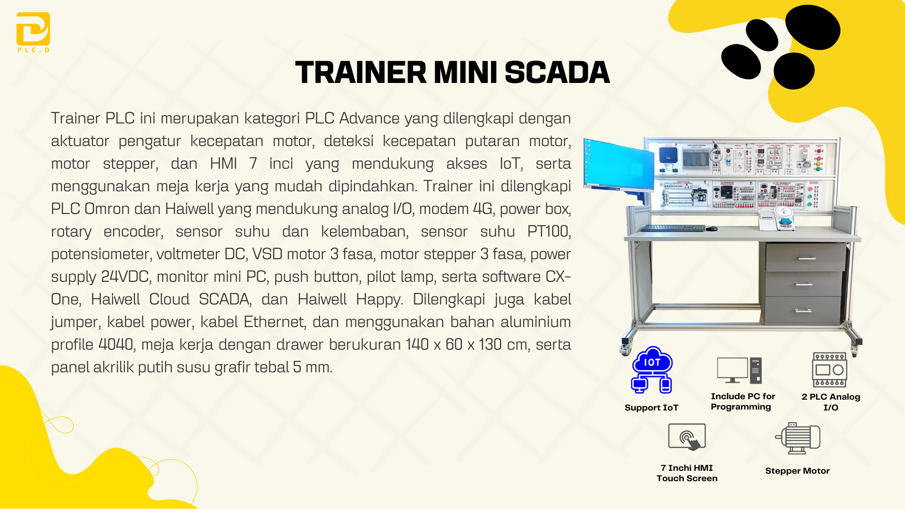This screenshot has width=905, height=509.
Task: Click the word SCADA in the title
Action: [x=557, y=73]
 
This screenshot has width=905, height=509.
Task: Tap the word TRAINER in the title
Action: [x=361, y=73]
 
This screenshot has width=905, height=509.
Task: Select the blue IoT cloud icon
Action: [x=652, y=370]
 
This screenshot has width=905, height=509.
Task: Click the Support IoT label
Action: [x=651, y=408]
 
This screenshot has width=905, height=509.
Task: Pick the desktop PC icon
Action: [x=739, y=370]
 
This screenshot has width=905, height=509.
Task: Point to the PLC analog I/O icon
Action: [x=830, y=370]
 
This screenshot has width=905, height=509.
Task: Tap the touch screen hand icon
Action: [x=687, y=437]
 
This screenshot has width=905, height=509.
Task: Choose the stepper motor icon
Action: [x=798, y=438]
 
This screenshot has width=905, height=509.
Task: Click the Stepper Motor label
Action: [x=797, y=471]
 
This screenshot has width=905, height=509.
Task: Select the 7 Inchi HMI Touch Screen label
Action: [x=687, y=473]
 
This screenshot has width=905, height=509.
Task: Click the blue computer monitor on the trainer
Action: [x=619, y=165]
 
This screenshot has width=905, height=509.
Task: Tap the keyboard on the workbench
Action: [x=673, y=228]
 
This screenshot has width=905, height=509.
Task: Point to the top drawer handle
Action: [x=806, y=258]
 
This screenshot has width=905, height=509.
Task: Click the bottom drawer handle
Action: [x=803, y=311]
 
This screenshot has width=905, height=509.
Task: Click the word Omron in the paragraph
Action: [x=107, y=209]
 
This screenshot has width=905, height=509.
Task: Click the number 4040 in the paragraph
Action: [x=116, y=345]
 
